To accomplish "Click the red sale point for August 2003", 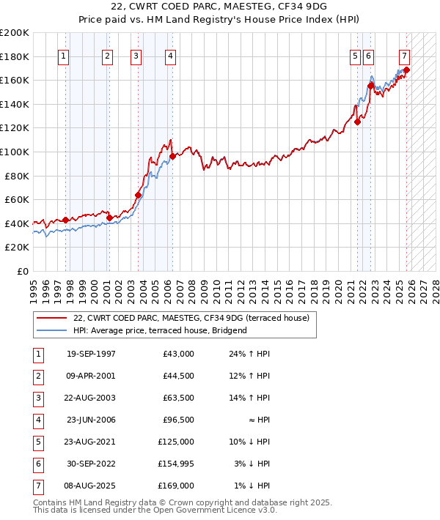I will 138,195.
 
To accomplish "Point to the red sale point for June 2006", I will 172,156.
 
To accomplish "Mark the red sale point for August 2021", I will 358,122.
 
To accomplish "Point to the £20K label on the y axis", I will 16,248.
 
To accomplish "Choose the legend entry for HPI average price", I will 161,330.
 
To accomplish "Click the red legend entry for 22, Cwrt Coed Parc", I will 191,318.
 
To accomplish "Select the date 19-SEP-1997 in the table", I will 90,354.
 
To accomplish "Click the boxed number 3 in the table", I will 37,398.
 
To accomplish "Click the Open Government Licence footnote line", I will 155,510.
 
